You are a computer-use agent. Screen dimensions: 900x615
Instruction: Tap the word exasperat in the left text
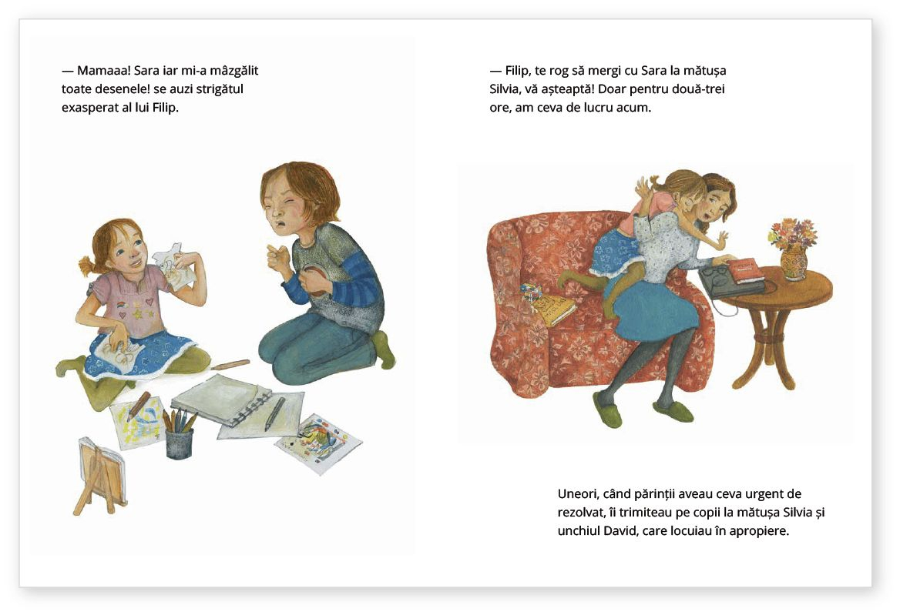(89, 108)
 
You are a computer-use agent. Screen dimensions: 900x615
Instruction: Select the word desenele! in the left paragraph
(126, 89)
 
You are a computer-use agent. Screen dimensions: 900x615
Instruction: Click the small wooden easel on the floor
(100, 476)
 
